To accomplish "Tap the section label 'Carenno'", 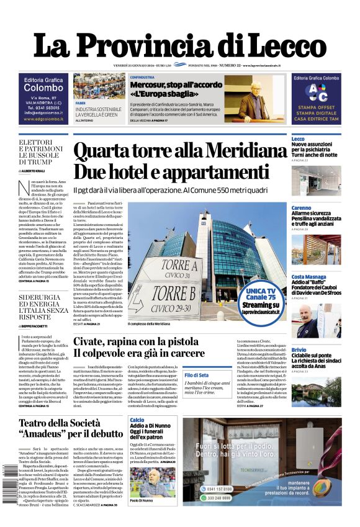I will tap(302, 208).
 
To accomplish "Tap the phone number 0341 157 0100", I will tap(220, 489).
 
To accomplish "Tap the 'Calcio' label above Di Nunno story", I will tap(137, 420).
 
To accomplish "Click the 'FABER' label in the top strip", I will tap(81, 102).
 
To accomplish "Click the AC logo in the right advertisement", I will tap(317, 92).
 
